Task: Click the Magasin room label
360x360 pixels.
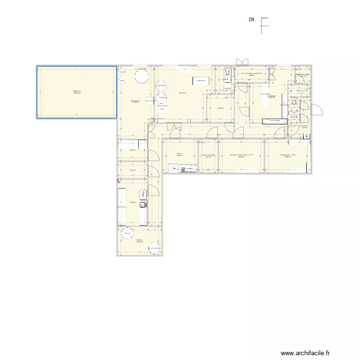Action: point(77,91)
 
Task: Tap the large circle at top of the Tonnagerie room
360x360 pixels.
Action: point(141,76)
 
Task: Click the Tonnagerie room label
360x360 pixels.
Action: point(136,101)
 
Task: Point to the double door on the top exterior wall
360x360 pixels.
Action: point(242,62)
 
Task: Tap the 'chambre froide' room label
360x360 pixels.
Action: point(241,156)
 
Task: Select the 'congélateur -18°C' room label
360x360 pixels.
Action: point(287,156)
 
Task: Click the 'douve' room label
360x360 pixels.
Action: point(179,155)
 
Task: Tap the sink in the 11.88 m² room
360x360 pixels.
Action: point(142,204)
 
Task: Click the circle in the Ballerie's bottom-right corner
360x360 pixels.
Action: point(155,248)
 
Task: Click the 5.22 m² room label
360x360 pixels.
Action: point(132,150)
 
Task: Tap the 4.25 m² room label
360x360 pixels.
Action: point(132,170)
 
